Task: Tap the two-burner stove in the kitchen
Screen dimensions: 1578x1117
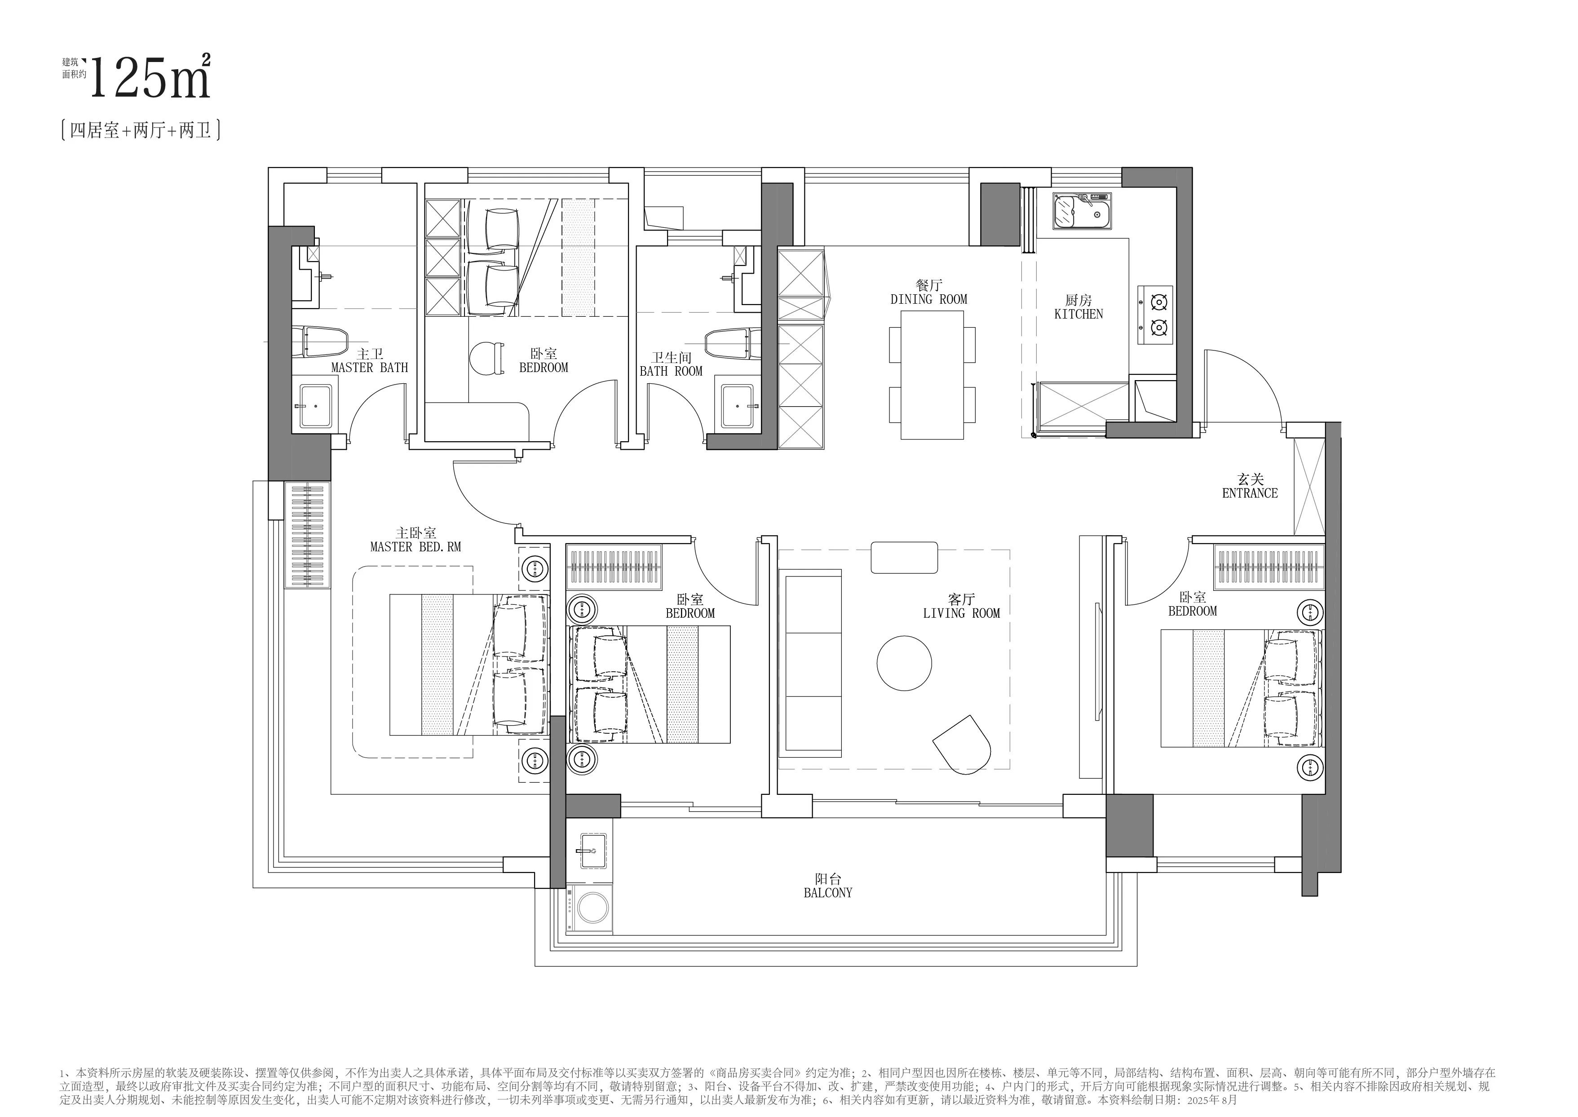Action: (x=1155, y=315)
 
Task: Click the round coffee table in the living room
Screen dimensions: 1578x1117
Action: (x=904, y=663)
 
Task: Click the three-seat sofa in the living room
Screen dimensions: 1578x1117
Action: (x=810, y=663)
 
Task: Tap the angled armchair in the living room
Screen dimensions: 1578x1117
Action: (x=963, y=745)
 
